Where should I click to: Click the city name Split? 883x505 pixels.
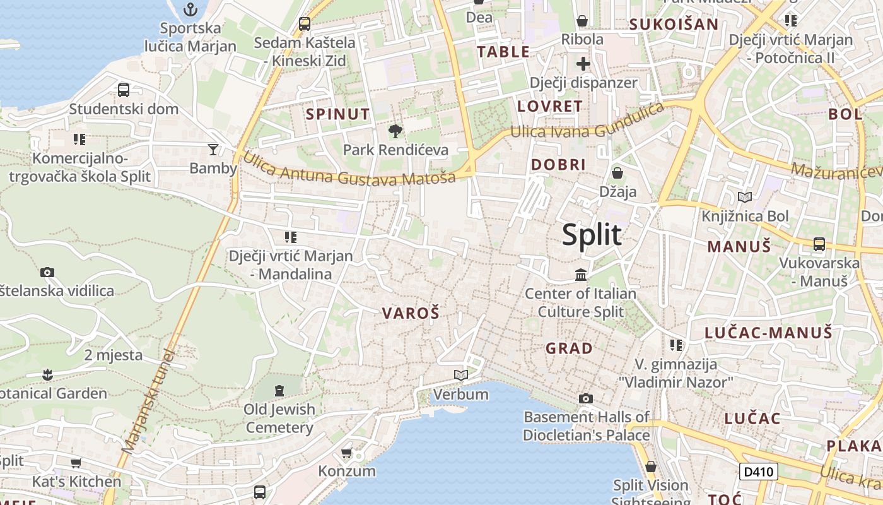point(592,234)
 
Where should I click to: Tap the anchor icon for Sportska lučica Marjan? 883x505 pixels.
point(190,9)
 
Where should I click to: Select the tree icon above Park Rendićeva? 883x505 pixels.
point(395,131)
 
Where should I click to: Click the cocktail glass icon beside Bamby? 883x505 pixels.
point(213,149)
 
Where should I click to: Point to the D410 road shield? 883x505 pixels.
point(758,472)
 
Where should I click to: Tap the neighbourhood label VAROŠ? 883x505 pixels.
point(411,313)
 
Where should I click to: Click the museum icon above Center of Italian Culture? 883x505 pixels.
point(581,275)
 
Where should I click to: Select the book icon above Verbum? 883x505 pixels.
point(461,376)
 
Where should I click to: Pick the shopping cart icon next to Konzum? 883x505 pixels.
point(346,453)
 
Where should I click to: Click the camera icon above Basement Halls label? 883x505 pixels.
point(586,398)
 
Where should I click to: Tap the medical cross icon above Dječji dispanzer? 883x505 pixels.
point(583,64)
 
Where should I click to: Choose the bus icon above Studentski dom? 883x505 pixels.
point(124,90)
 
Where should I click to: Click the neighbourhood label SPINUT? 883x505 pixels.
point(337,114)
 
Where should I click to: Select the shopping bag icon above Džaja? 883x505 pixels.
point(617,172)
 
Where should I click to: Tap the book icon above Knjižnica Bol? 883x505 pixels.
point(745,198)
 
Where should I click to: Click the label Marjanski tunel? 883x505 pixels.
point(147,401)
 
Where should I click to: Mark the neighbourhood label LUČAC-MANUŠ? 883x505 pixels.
point(768,333)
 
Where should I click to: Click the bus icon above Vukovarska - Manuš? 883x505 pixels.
point(819,244)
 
